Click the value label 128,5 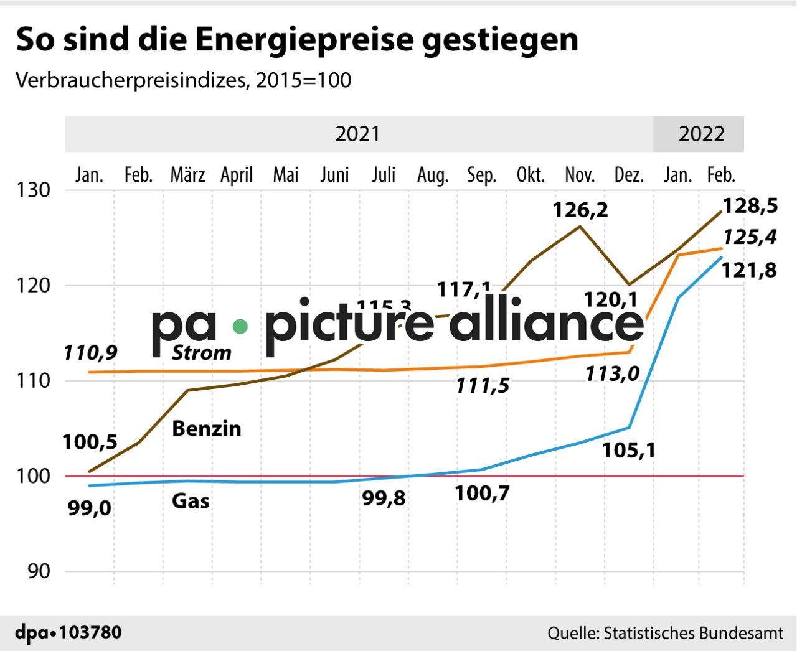point(750,206)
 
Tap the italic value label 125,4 point(750,237)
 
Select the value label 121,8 point(749,270)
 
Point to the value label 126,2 point(580,210)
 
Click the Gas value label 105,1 point(628,450)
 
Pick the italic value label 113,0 point(612,373)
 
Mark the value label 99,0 point(90,508)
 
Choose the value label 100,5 point(90,442)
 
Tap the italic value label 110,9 point(90,353)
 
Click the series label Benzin point(206,429)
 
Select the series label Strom point(201,353)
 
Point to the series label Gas point(191,501)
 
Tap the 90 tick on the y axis point(39,571)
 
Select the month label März point(187,175)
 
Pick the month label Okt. point(531,175)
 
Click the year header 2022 point(701,134)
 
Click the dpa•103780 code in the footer point(68,633)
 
